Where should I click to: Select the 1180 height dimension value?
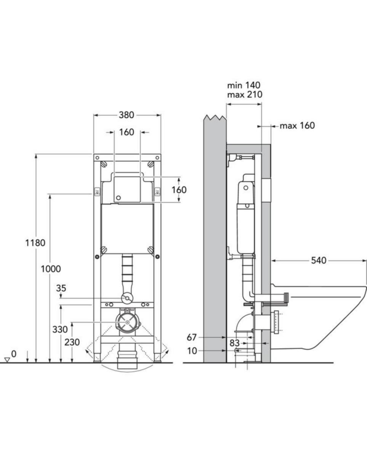pos(35,243)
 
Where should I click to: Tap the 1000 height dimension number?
pos(51,269)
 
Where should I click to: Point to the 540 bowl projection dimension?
pos(319,261)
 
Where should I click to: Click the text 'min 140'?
pos(244,85)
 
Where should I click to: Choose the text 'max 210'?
pos(245,95)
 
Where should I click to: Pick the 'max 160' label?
pos(297,126)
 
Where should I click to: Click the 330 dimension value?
pos(60,329)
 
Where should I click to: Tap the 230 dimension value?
pos(72,342)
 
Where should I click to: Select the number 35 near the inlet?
pos(61,288)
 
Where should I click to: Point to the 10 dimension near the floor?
pos(193,351)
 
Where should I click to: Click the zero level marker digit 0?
pos(14,354)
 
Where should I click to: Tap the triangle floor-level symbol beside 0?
pos(7,360)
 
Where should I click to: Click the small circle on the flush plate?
pos(118,198)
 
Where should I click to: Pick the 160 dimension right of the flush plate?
pos(179,190)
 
